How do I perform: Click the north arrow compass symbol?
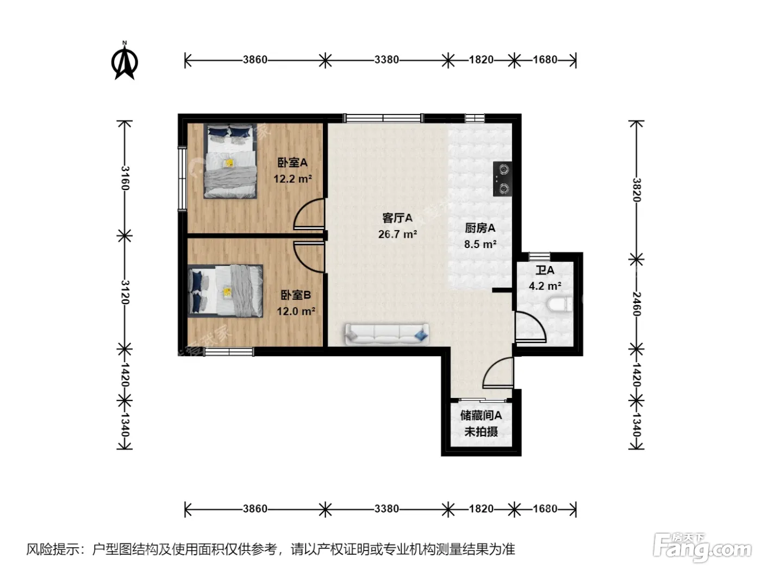pos(124,61)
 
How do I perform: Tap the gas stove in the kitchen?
pos(502,179)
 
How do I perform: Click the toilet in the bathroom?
pos(559,304)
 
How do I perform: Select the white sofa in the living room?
pos(387,334)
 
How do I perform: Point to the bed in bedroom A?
pos(230,161)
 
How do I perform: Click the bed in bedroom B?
pos(226,291)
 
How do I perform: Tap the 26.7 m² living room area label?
pos(397,235)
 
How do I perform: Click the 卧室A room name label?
pos(292,162)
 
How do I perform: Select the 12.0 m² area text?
pos(296,311)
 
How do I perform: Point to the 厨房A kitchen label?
pos(480,228)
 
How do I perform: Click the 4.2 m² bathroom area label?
pos(545,286)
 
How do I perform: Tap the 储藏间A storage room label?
pos(481,415)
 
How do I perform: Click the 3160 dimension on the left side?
pos(125,178)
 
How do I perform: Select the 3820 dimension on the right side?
pos(637,189)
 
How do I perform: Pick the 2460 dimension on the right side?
pos(637,304)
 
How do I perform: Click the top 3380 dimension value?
pos(386,60)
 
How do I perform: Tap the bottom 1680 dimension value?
pos(545,509)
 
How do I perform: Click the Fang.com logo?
pos(702,548)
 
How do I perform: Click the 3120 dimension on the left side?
pos(125,292)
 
